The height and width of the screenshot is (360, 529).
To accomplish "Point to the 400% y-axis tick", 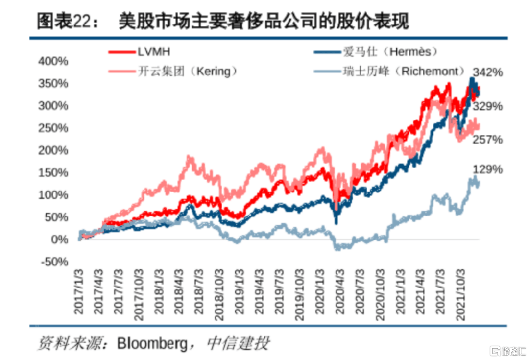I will pos(53,61).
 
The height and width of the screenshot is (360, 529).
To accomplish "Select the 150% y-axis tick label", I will pos(53,172).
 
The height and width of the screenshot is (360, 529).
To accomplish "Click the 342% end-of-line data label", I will pos(488,72).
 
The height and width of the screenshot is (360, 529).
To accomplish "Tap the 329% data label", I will pos(488,106).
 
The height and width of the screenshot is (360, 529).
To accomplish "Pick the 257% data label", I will pos(488,140).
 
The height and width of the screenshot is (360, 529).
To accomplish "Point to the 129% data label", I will pos(488,169).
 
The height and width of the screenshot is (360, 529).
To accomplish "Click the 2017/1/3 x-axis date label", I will pos(80,291).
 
